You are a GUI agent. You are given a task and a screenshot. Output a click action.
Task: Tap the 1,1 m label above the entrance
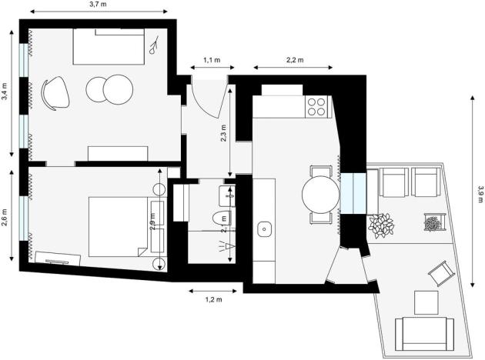coord(211,60)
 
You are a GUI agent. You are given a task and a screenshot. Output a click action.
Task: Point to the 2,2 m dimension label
coord(295,60)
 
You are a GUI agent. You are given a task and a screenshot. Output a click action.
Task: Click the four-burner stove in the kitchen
coord(316,106)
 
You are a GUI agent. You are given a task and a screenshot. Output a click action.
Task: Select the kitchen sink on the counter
coord(265,228)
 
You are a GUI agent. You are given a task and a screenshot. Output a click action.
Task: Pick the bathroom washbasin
coord(226,192)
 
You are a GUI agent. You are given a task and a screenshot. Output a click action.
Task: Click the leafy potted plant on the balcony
coord(380,225)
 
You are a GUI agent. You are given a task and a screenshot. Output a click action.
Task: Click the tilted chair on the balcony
coord(440,272)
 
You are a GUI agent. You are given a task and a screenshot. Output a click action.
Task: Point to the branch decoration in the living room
coord(155,45)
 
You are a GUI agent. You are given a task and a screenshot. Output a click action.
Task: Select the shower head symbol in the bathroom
coord(224,247)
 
